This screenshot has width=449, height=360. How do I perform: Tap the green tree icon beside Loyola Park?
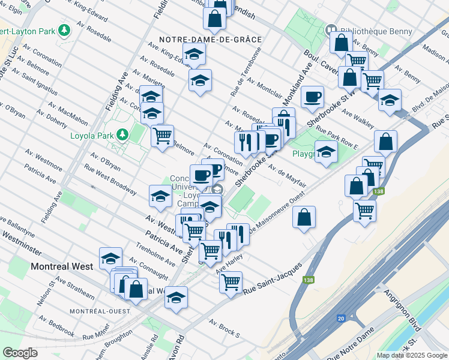122,134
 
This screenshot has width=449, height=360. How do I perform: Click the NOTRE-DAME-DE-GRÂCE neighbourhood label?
210,40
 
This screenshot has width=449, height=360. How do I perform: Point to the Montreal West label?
62,266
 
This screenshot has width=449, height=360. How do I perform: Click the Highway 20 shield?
341,319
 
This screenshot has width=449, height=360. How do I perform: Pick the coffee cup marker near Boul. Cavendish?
312,97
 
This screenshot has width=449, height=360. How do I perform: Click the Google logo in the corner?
20,353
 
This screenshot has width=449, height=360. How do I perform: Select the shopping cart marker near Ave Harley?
231,281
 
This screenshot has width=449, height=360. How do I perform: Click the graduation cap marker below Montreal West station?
176,297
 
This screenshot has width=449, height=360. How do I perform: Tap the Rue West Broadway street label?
110,180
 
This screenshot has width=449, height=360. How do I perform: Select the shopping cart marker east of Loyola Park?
162,136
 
